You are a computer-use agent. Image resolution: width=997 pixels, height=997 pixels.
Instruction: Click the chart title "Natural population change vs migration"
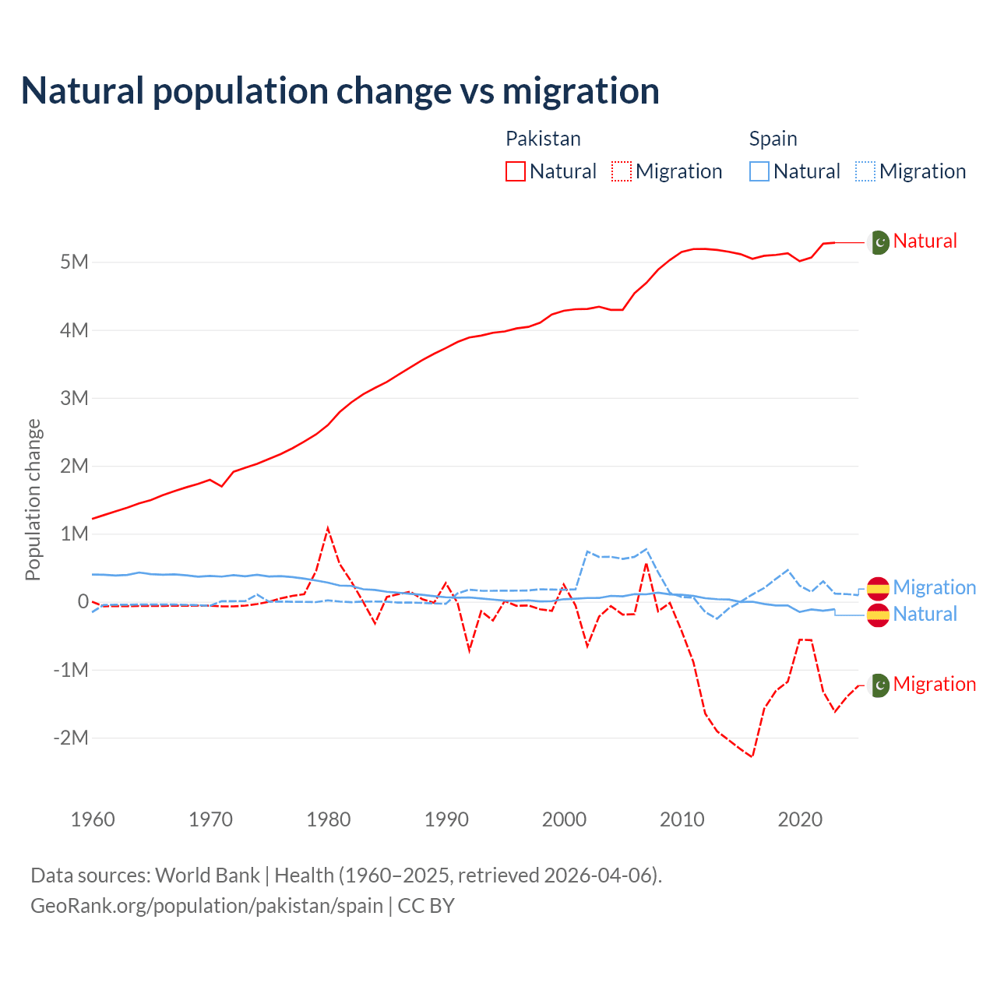pyautogui.click(x=340, y=90)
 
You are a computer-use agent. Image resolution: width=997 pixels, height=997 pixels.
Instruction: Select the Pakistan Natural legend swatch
pyautogui.click(x=516, y=171)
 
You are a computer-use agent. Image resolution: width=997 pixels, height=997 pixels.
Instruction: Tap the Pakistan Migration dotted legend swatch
pyautogui.click(x=622, y=171)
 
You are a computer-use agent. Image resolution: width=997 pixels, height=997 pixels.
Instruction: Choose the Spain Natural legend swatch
pyautogui.click(x=759, y=171)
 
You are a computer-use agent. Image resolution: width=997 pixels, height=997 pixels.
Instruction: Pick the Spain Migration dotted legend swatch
pyautogui.click(x=865, y=171)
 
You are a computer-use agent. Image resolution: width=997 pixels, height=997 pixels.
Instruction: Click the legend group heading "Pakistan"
pyautogui.click(x=543, y=139)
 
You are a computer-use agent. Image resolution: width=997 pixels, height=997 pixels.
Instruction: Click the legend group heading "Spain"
pyautogui.click(x=773, y=139)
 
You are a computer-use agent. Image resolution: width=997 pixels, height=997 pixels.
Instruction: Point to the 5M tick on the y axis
pyautogui.click(x=75, y=262)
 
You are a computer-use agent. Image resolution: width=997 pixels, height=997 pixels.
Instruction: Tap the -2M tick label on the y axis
pyautogui.click(x=71, y=738)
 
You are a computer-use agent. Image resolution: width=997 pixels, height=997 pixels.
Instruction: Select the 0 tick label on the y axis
pyautogui.click(x=83, y=601)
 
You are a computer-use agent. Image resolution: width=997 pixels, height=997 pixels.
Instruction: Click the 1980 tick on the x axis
pyautogui.click(x=329, y=819)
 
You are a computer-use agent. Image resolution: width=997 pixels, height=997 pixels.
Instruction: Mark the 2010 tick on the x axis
pyautogui.click(x=682, y=819)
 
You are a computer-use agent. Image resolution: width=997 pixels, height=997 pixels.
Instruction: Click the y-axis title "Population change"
pyautogui.click(x=33, y=499)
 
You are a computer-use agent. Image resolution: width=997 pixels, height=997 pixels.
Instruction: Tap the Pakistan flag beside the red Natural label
pyautogui.click(x=879, y=242)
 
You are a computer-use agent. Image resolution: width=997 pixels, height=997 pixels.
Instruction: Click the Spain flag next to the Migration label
pyautogui.click(x=879, y=588)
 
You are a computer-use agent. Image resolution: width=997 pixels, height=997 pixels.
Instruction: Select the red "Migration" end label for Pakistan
pyautogui.click(x=934, y=684)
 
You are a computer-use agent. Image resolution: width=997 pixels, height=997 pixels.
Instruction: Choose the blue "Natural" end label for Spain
pyautogui.click(x=925, y=614)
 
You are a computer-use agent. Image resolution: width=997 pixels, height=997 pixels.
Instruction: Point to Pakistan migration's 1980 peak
pyautogui.click(x=328, y=529)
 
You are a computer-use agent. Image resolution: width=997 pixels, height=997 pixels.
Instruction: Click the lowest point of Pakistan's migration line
pyautogui.click(x=752, y=756)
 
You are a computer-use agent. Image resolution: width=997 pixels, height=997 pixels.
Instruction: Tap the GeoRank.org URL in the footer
pyautogui.click(x=206, y=906)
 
